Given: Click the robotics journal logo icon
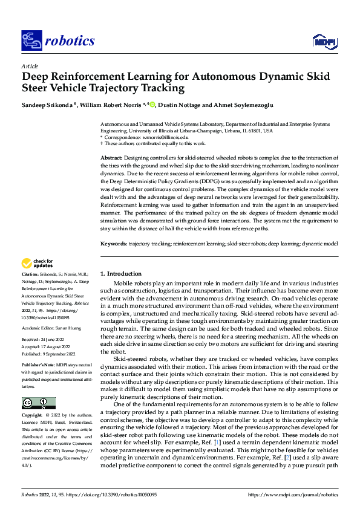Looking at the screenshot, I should (30, 41).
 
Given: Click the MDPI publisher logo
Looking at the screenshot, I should (321, 41).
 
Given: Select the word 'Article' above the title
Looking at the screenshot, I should (29, 66).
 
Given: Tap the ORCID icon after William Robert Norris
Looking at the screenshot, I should (152, 104).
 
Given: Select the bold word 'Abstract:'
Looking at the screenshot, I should (111, 157).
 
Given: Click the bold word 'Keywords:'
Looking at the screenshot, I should (114, 242).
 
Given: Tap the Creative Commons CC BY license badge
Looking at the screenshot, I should (38, 403).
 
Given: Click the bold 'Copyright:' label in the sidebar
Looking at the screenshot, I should (33, 416).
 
